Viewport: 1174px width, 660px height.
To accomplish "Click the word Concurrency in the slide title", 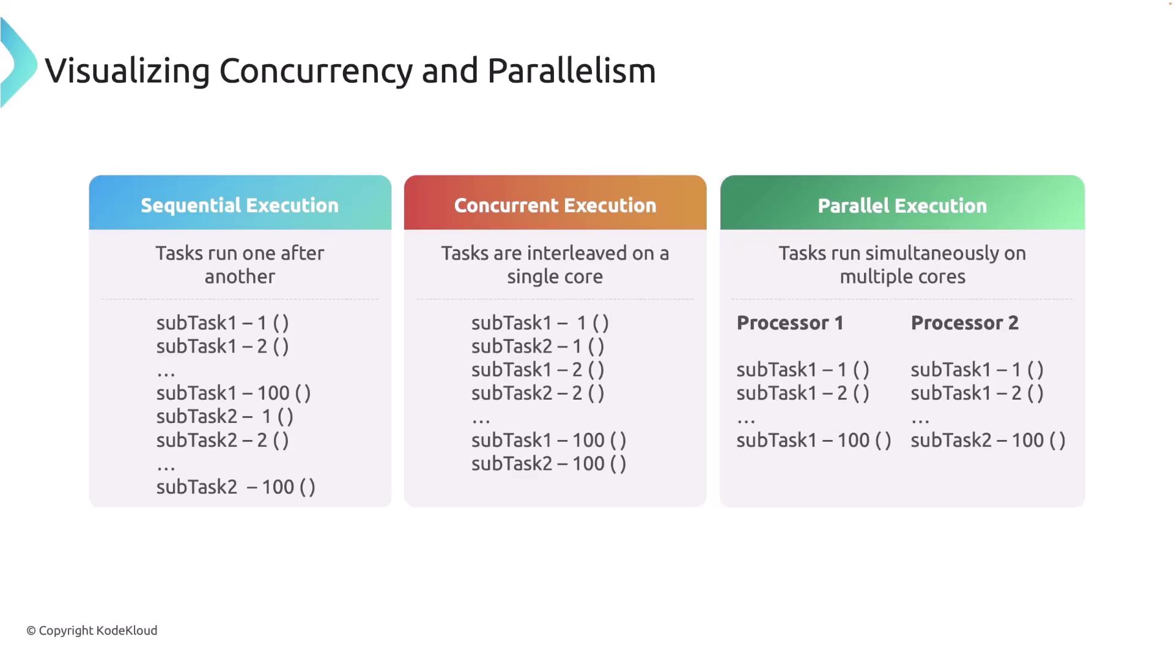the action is coord(316,71).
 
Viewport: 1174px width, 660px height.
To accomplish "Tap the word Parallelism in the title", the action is coord(572,70).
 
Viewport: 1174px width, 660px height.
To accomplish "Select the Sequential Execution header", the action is coord(240,205).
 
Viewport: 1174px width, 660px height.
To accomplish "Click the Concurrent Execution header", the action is coord(555,205).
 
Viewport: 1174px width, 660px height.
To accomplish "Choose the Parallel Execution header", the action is coord(903,205).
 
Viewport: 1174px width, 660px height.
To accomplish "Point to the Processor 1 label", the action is coord(790,323).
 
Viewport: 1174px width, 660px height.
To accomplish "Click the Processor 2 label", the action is coord(965,323).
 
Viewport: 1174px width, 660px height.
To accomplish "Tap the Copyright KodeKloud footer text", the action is coord(92,631).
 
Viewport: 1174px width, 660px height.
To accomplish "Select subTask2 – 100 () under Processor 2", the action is coord(988,440).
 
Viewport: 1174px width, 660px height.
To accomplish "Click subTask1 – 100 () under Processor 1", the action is coord(814,440).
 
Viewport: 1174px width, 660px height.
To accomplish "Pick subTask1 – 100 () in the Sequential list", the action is coord(234,393).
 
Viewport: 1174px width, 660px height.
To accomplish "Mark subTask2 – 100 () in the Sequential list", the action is coord(236,487).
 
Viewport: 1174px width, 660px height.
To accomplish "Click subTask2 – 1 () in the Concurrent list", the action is coord(538,346).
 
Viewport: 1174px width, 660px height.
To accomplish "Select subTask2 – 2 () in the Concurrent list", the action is coord(538,393).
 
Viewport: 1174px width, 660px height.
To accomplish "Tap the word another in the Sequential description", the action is coord(240,276).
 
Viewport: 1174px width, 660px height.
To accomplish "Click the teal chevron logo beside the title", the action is coord(18,63).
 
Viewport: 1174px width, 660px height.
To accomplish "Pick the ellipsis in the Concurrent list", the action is coord(481,421).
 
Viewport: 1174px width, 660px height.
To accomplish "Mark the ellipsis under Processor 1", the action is coord(746,421).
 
